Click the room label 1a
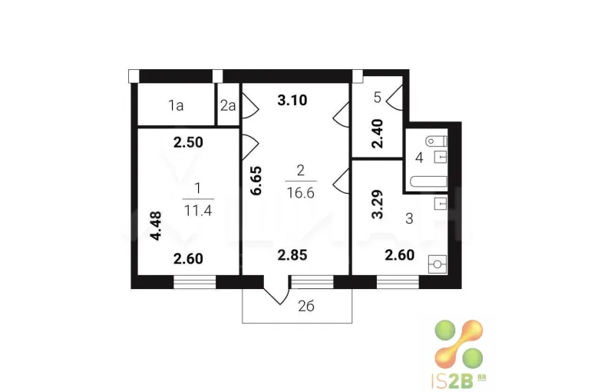(x=176, y=105)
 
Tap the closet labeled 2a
(x=228, y=105)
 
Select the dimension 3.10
(x=292, y=101)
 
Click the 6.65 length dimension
(x=256, y=181)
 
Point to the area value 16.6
(x=300, y=193)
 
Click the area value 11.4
(x=198, y=211)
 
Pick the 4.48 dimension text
(x=156, y=226)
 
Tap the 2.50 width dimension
(x=188, y=142)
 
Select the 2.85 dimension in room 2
(x=292, y=255)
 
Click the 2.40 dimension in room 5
(x=377, y=134)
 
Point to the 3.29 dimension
(x=377, y=204)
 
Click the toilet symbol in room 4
(x=436, y=142)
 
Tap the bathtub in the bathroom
(x=428, y=181)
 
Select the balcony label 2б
(x=305, y=306)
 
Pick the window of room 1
(x=194, y=282)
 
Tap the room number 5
(x=378, y=98)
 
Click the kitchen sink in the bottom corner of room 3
(x=437, y=264)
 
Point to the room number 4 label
(x=419, y=158)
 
